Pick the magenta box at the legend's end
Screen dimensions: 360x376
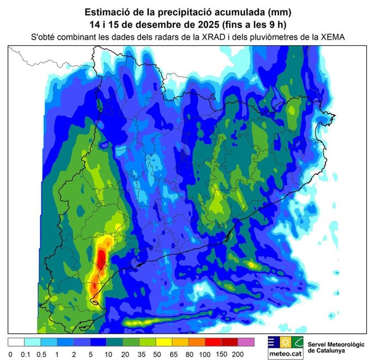point(246,343)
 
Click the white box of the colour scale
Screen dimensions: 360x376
point(16,343)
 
